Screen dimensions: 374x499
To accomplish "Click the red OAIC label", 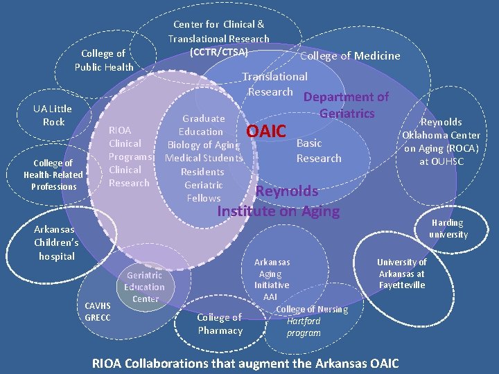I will pyautogui.click(x=266, y=130).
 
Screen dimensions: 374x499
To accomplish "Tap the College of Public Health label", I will pyautogui.click(x=103, y=60).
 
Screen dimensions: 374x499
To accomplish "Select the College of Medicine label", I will pyautogui.click(x=350, y=56).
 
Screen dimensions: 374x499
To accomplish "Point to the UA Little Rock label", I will pyautogui.click(x=53, y=115).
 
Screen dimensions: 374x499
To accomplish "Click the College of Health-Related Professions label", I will pyautogui.click(x=53, y=175).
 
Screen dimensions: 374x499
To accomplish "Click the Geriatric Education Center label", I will pyautogui.click(x=145, y=287).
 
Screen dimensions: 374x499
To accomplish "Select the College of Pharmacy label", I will pyautogui.click(x=220, y=323).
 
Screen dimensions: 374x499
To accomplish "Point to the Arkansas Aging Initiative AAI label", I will pyautogui.click(x=271, y=279).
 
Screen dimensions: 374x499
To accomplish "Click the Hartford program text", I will pyautogui.click(x=304, y=327).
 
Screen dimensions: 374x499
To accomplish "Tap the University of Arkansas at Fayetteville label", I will pyautogui.click(x=401, y=273).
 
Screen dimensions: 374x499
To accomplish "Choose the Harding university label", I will pyautogui.click(x=448, y=229).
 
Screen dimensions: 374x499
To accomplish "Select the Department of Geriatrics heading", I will pyautogui.click(x=347, y=105).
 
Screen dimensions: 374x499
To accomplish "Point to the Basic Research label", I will pyautogui.click(x=319, y=150).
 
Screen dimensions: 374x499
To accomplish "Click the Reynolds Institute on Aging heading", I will pyautogui.click(x=279, y=201).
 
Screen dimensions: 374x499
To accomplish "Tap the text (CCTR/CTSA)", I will pyautogui.click(x=218, y=51).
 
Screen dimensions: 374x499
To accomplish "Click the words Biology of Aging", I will pyautogui.click(x=203, y=145).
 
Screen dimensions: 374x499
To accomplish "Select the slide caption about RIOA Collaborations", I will pyautogui.click(x=245, y=362).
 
